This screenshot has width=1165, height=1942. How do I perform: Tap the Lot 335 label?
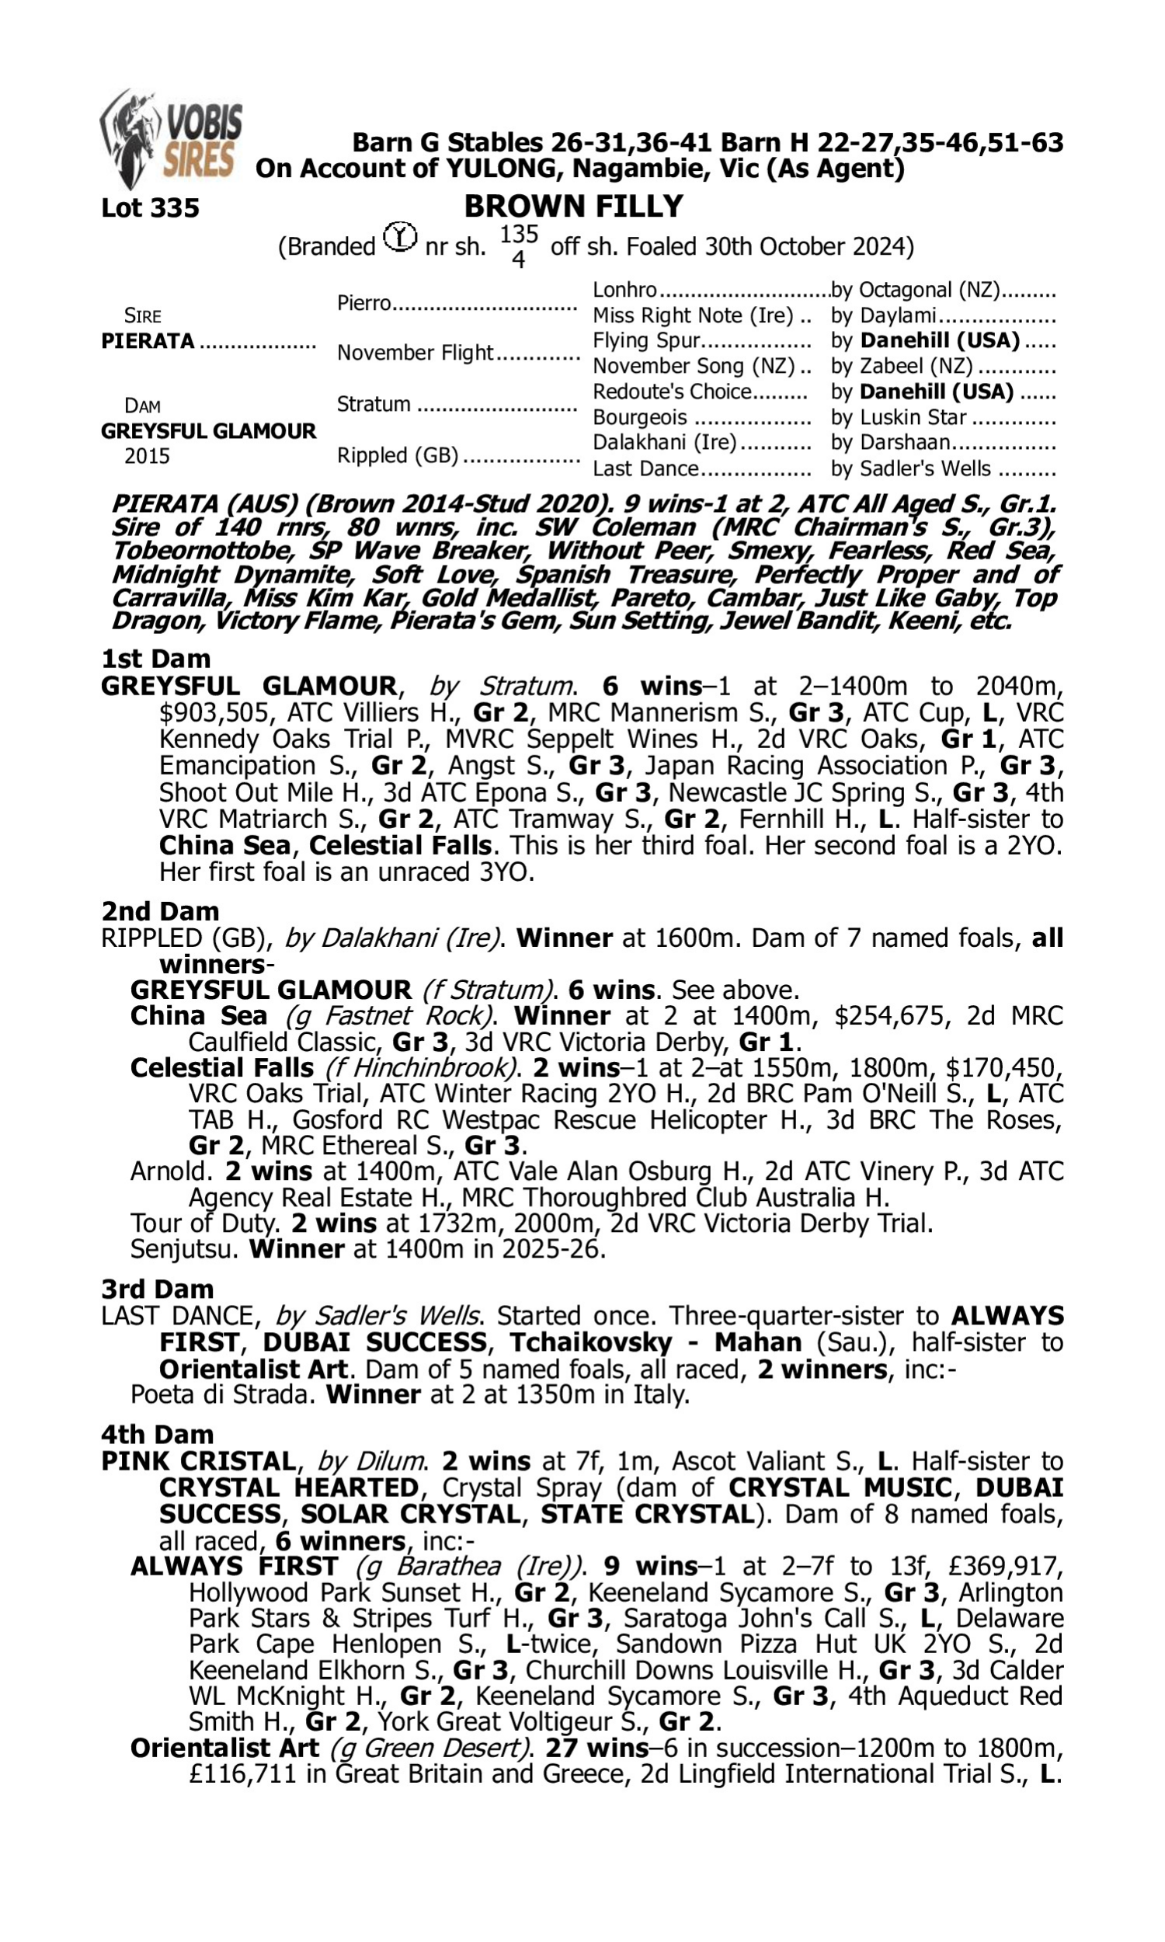[150, 208]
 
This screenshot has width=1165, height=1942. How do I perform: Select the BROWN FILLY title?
[573, 207]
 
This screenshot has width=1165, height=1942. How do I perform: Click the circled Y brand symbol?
[400, 237]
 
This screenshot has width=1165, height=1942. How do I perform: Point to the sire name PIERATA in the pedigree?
[148, 342]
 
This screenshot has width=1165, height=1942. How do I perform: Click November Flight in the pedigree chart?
[415, 353]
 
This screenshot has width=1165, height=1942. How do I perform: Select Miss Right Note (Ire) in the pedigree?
[693, 315]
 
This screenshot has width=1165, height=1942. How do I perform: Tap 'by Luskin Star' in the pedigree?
[898, 418]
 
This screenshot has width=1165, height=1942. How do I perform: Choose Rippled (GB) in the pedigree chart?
[397, 456]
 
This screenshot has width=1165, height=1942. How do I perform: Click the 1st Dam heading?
[155, 659]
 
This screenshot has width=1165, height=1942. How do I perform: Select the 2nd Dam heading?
[159, 911]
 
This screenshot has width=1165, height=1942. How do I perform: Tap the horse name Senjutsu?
[183, 1249]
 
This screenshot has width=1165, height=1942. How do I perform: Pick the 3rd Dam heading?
[157, 1289]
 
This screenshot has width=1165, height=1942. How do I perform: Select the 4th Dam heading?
[157, 1434]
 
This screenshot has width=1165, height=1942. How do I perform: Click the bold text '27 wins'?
[596, 1748]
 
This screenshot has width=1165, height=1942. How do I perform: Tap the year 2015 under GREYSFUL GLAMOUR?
[147, 456]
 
